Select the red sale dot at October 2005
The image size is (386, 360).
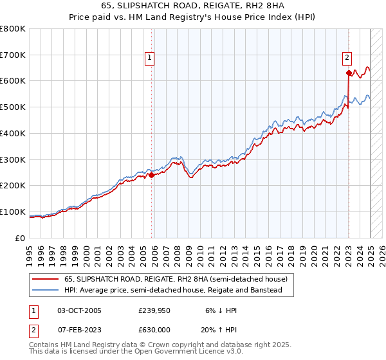151,174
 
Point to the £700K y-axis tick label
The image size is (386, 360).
13,55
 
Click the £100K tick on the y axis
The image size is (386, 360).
13,212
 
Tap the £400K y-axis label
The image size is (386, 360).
13,133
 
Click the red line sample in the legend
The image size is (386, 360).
46,279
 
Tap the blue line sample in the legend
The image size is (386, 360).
46,291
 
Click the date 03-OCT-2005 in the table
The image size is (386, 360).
79,310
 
